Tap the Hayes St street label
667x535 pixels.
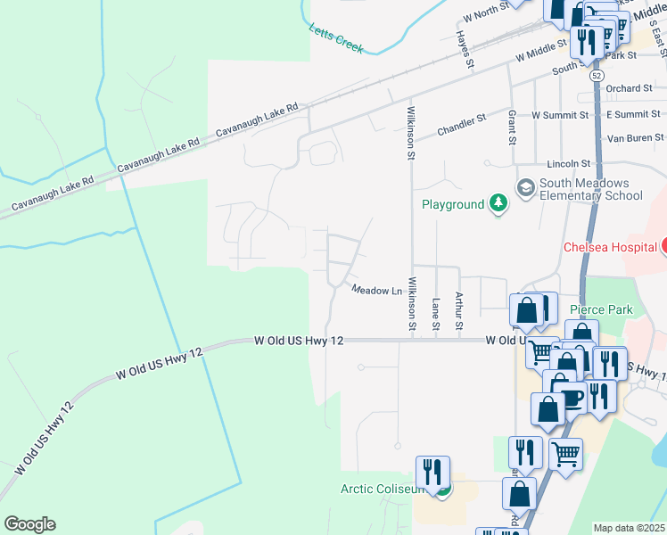click(x=463, y=49)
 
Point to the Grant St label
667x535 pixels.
click(x=512, y=128)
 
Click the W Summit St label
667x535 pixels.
click(x=560, y=115)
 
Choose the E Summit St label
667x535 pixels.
click(x=632, y=115)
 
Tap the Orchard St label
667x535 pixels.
click(x=629, y=88)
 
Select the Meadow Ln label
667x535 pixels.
click(x=376, y=290)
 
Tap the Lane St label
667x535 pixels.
click(x=436, y=312)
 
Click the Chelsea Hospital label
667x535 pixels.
click(x=613, y=247)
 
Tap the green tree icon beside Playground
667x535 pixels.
click(x=498, y=204)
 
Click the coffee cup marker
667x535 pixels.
click(x=570, y=395)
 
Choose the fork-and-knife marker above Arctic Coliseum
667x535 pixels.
click(x=432, y=471)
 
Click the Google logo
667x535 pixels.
click(x=29, y=524)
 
